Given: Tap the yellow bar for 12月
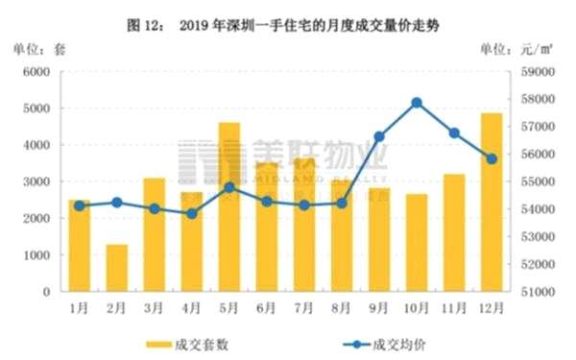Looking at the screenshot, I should (x=491, y=202).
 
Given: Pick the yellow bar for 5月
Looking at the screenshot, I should (x=228, y=206).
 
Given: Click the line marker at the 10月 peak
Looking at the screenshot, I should (x=417, y=103).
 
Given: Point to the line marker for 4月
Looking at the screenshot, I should (x=191, y=213).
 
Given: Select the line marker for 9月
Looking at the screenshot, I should (x=379, y=137).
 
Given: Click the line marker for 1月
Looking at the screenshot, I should (x=79, y=205).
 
